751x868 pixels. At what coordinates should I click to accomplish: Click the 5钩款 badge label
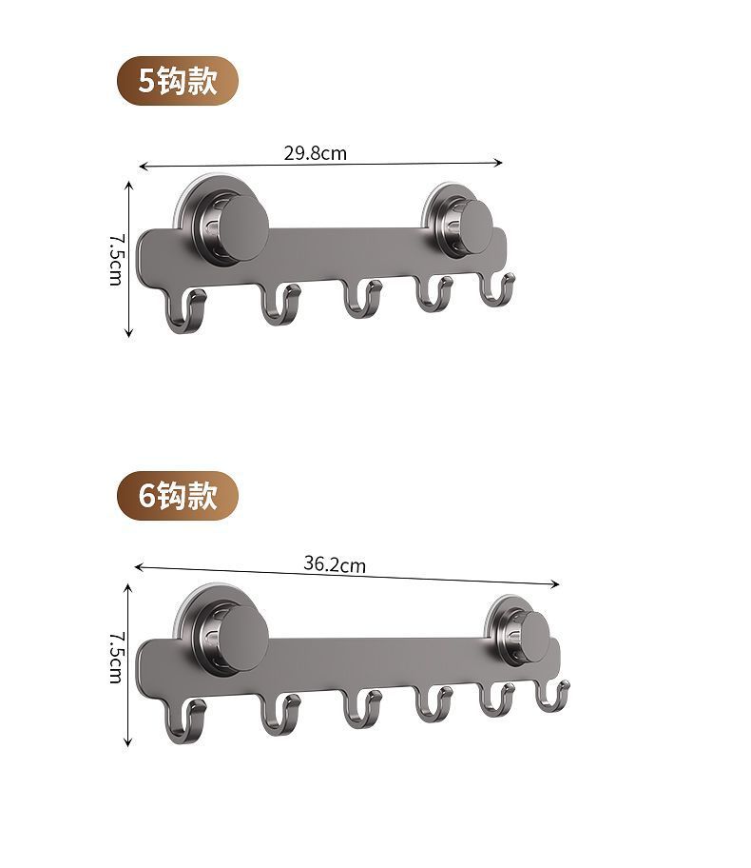(178, 81)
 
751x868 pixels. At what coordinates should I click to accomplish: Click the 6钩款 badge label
(178, 496)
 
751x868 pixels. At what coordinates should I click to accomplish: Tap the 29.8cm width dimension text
(316, 153)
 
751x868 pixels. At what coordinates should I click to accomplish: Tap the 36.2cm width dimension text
(335, 563)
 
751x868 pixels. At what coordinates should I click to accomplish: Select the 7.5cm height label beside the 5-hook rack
(116, 259)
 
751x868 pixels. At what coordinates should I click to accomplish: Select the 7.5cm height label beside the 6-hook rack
(116, 657)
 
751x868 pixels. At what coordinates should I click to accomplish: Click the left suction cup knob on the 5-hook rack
(243, 226)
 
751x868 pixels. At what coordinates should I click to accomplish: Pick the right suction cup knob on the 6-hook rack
(535, 637)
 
